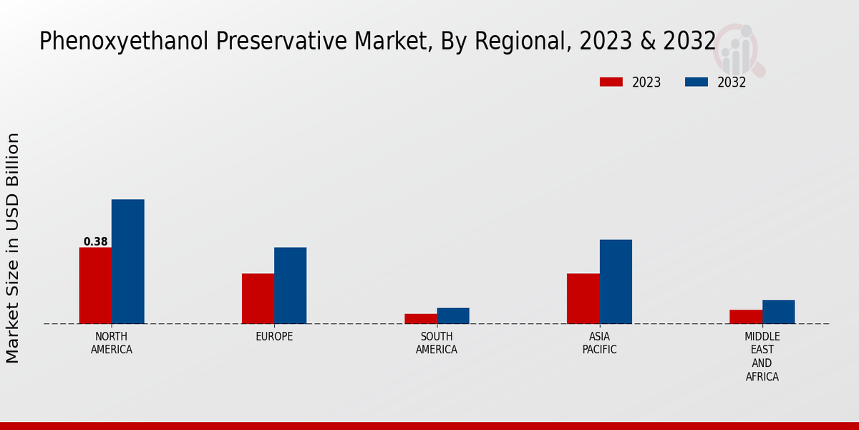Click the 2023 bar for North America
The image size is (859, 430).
(x=95, y=285)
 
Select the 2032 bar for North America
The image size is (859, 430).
(x=127, y=262)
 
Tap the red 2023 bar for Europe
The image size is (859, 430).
(x=258, y=298)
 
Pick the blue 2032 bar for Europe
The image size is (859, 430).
(x=290, y=285)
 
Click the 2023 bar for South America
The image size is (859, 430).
(x=420, y=318)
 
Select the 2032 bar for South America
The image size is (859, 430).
(x=453, y=315)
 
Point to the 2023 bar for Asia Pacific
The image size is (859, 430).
(x=583, y=298)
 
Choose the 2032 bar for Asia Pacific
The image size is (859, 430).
(x=616, y=282)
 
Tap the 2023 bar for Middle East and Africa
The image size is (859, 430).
(x=746, y=316)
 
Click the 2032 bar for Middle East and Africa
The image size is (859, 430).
(x=778, y=312)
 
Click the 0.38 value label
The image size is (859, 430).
(x=95, y=242)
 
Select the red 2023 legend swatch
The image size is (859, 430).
(x=611, y=82)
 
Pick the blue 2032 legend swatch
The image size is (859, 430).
(x=696, y=82)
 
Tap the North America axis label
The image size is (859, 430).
(x=112, y=343)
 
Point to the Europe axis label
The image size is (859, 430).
(x=274, y=337)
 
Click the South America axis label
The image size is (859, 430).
(x=437, y=343)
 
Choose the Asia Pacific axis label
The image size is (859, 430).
(x=599, y=343)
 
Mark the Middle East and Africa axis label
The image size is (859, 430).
(x=762, y=356)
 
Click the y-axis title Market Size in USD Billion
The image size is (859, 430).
(x=13, y=247)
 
